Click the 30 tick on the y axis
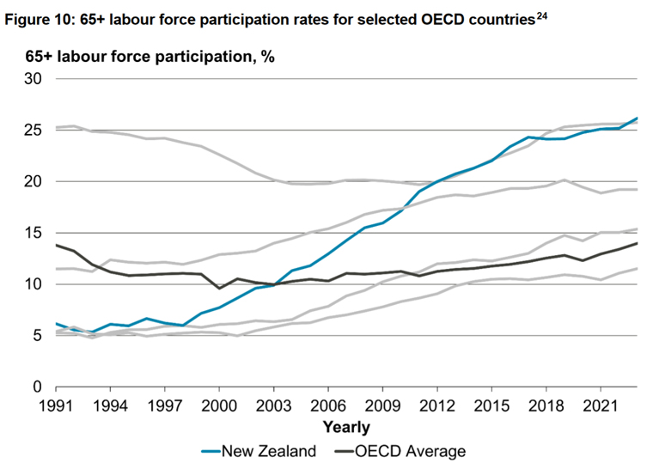(x=34, y=79)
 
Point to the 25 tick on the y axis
(x=34, y=131)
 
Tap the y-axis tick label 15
(x=34, y=233)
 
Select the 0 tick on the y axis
(x=38, y=387)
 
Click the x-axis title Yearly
(x=346, y=427)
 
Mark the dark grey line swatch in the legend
(x=340, y=450)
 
